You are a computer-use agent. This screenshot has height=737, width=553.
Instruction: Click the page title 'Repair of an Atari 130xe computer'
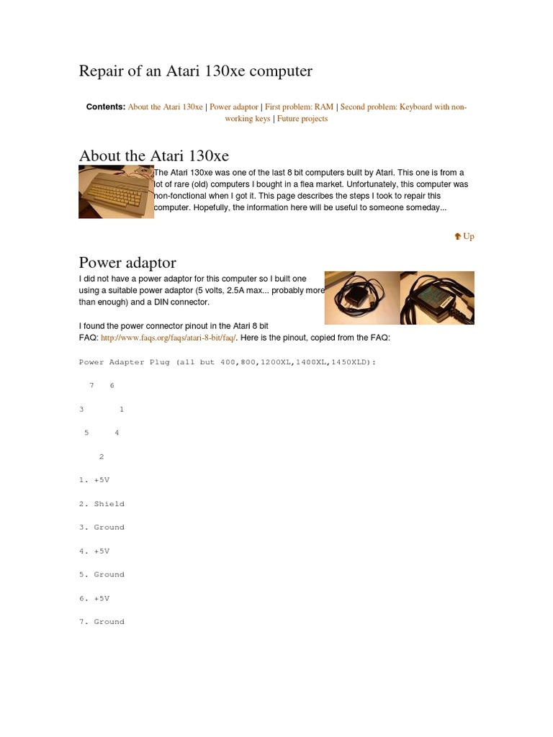tap(195, 71)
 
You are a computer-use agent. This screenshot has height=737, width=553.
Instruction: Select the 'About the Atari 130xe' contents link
tap(165, 107)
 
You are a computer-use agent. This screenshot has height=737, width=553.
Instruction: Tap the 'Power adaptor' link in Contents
tap(234, 107)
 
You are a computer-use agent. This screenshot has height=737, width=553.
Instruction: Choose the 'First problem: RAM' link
tap(299, 107)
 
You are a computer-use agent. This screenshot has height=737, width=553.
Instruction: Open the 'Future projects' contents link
tap(302, 119)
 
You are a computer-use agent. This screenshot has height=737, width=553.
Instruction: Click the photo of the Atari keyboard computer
tap(116, 192)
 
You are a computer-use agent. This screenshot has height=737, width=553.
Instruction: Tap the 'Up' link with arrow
tap(464, 236)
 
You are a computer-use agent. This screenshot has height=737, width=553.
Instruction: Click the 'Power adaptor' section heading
tap(127, 262)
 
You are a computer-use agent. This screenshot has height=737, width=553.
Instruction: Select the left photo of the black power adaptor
tap(361, 298)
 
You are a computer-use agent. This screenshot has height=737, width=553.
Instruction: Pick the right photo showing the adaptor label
tap(437, 298)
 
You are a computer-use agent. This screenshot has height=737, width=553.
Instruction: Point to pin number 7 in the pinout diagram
tap(91, 386)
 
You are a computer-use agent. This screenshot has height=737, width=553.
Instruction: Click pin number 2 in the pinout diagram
tap(102, 456)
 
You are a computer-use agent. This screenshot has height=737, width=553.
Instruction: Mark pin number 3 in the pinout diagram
tap(81, 410)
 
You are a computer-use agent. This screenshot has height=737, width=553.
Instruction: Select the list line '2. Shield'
tap(102, 504)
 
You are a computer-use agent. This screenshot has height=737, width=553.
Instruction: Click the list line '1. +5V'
tap(94, 480)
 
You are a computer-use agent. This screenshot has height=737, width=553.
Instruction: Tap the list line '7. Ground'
tap(102, 622)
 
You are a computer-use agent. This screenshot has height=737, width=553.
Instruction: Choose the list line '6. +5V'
tap(94, 598)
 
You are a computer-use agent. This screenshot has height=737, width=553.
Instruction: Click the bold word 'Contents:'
tap(106, 107)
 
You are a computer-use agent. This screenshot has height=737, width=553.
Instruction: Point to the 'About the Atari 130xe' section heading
tap(154, 156)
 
